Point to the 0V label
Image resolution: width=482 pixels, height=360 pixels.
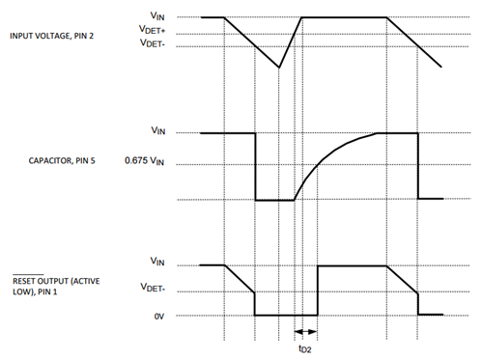coord(159,315)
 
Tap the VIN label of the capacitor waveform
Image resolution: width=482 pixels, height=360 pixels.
coord(158,131)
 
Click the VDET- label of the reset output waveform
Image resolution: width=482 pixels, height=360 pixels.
coord(160,288)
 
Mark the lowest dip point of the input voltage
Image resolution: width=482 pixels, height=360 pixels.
coord(279,68)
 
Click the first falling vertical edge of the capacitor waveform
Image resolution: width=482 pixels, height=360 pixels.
coord(255,166)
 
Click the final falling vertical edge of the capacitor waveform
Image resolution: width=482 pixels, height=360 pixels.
coord(417,166)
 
